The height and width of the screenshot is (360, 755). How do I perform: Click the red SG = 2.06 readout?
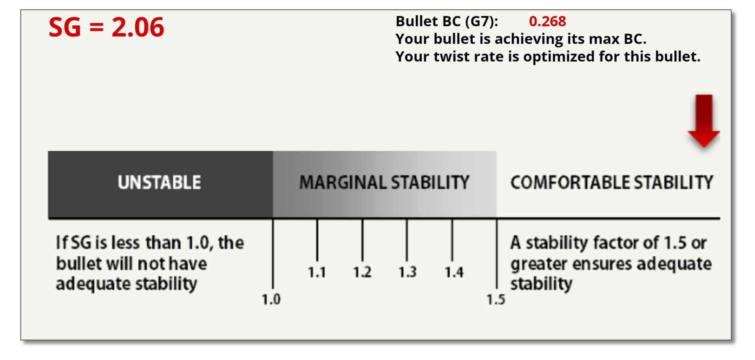106,27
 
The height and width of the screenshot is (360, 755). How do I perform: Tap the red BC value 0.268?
547,21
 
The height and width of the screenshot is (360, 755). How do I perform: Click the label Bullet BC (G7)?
447,21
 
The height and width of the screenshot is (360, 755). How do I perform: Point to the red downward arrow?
704,121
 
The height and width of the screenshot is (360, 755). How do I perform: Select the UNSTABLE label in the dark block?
160,182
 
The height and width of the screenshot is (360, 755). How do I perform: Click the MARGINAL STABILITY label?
384,182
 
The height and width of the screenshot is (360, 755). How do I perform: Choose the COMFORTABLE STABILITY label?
612,182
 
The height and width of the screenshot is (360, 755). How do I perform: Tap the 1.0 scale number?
271,300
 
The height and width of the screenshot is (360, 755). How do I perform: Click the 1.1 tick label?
317,272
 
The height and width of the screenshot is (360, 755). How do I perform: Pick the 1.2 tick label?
362,272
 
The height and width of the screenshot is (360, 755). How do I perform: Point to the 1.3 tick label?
408,272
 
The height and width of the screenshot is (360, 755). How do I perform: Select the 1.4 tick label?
454,272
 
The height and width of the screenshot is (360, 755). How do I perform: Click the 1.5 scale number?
496,300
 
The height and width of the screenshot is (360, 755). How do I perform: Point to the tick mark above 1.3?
407,240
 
